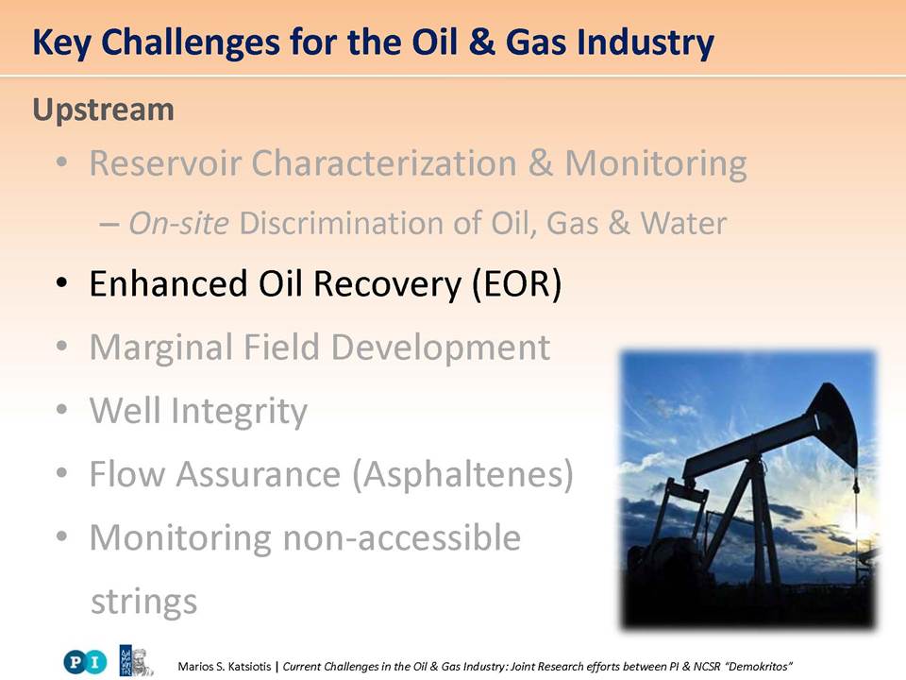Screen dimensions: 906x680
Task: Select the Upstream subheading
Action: (104, 110)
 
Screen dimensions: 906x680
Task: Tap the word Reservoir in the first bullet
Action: (165, 162)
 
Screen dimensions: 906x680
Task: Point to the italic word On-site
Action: (178, 223)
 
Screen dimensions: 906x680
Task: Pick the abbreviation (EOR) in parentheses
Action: (517, 284)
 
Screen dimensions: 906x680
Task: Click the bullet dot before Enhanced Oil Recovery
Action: (61, 284)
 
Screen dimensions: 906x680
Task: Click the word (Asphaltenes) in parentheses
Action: (462, 475)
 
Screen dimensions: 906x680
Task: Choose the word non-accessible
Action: (402, 537)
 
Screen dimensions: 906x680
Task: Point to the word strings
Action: (143, 603)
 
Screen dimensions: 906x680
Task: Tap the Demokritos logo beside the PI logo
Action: (136, 660)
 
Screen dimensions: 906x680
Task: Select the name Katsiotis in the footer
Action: (249, 666)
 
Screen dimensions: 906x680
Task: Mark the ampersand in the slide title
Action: (482, 42)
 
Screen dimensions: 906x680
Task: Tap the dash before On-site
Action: (109, 225)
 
